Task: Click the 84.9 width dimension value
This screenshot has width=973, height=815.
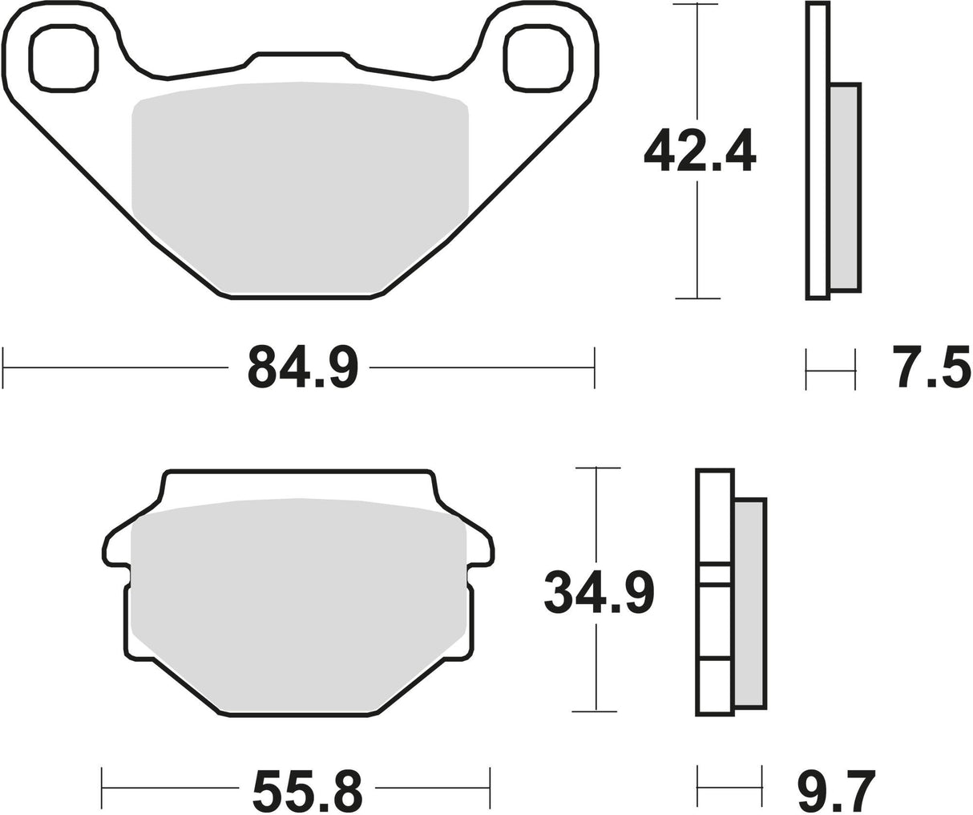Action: click(x=303, y=367)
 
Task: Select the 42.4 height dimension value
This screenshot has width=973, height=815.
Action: click(x=700, y=150)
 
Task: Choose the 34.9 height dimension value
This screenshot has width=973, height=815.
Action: click(x=600, y=594)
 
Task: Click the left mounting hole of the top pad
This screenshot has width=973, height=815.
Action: click(x=63, y=59)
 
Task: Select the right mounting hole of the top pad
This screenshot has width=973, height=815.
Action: click(x=539, y=59)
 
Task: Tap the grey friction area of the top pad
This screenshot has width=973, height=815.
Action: click(x=300, y=187)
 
